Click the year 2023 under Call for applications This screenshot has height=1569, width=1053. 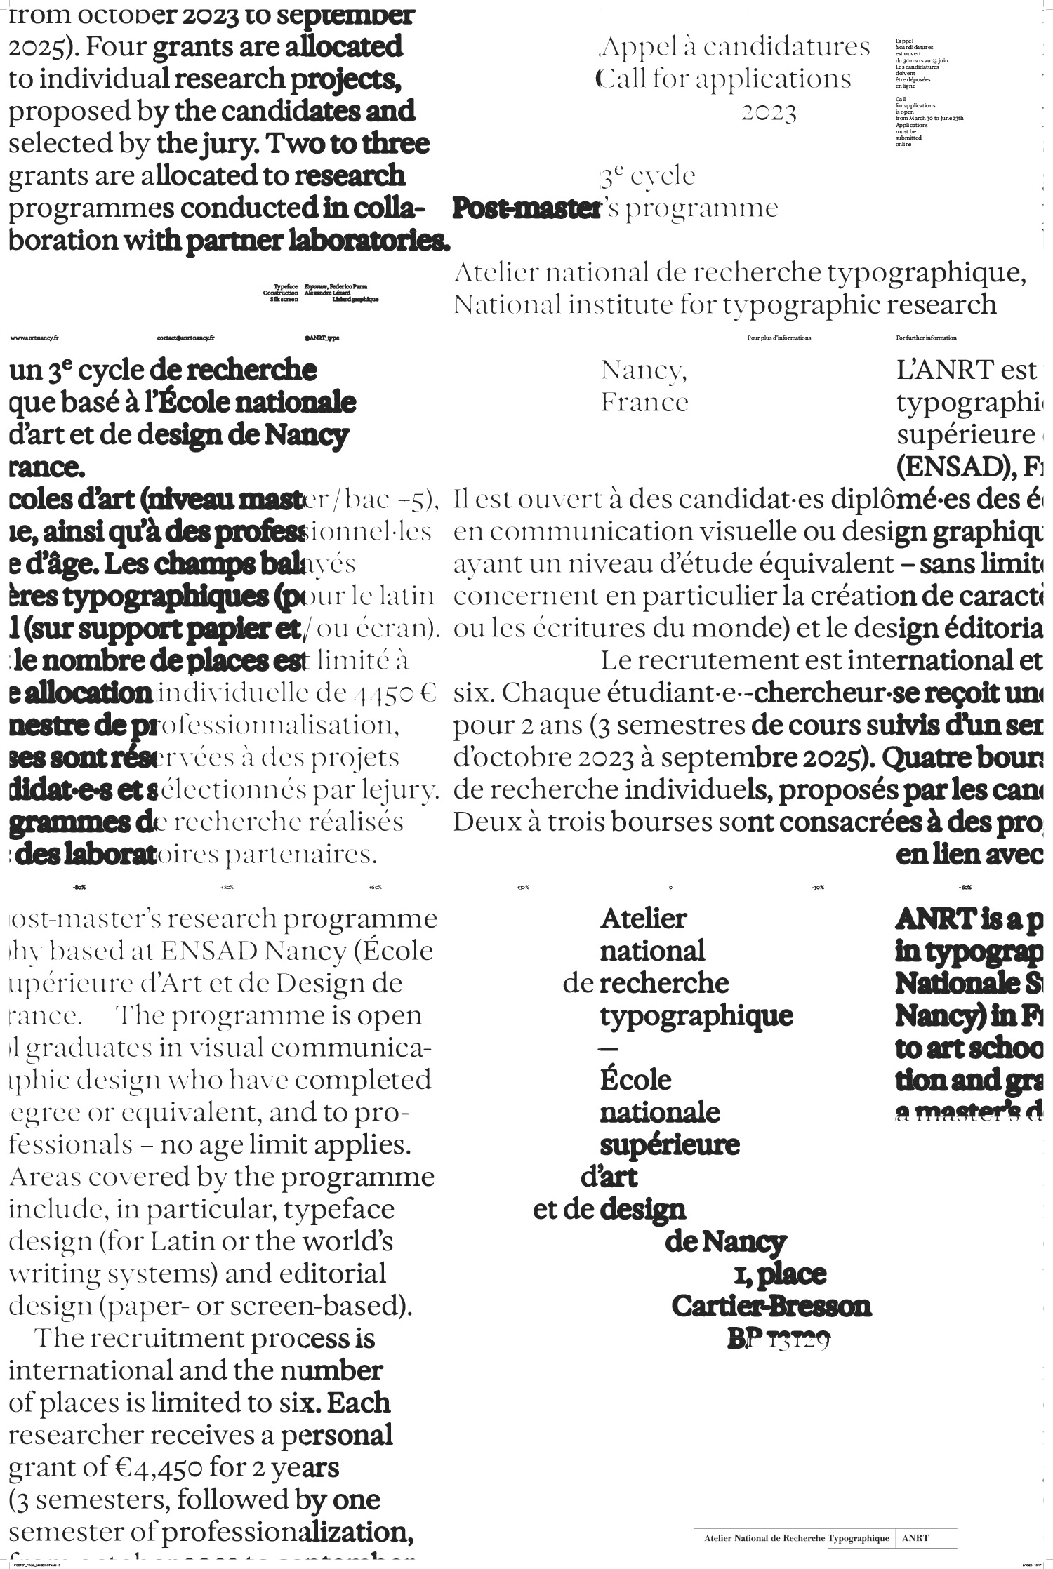pos(769,113)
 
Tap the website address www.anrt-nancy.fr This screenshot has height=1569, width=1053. pos(34,338)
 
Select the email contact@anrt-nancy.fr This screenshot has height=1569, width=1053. pos(185,338)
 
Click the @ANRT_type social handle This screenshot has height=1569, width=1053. pos(322,338)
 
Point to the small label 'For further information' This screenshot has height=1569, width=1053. pos(926,338)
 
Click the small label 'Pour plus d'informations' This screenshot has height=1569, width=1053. pos(779,338)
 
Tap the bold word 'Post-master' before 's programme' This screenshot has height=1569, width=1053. pos(526,208)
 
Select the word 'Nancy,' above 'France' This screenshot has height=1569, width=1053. pos(644,370)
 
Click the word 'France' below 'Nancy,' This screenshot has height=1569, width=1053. pos(644,403)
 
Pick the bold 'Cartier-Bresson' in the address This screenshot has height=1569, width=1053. pos(771,1306)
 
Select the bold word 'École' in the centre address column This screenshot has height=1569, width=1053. pos(635,1080)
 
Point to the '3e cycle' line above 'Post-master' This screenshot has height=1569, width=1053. pos(647,176)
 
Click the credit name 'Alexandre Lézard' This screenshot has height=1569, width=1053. pos(332,293)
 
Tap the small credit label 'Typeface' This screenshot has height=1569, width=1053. pos(286,286)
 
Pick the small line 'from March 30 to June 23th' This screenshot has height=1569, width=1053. pos(929,118)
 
